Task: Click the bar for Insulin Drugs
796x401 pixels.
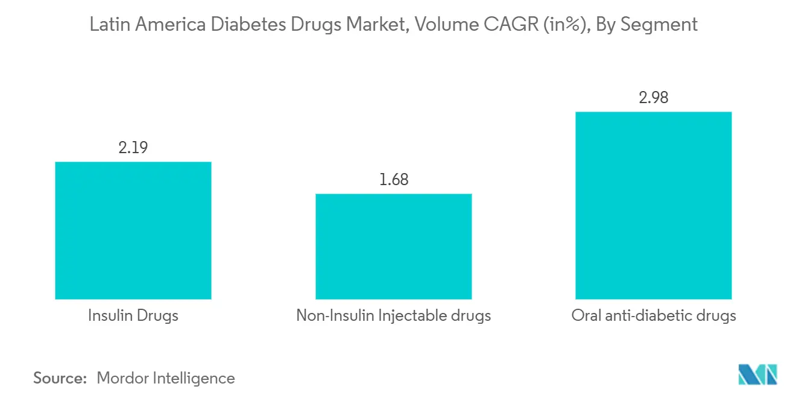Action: coord(133,230)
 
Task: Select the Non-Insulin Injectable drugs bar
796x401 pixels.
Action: coord(393,246)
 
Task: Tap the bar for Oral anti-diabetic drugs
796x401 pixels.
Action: coord(654,205)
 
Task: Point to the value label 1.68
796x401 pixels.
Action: coord(393,180)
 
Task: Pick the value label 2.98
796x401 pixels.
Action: coord(654,98)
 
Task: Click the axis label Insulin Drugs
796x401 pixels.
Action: coord(133,315)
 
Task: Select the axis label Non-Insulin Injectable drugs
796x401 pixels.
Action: coord(393,315)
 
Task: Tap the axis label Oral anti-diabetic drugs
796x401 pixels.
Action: coord(654,315)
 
